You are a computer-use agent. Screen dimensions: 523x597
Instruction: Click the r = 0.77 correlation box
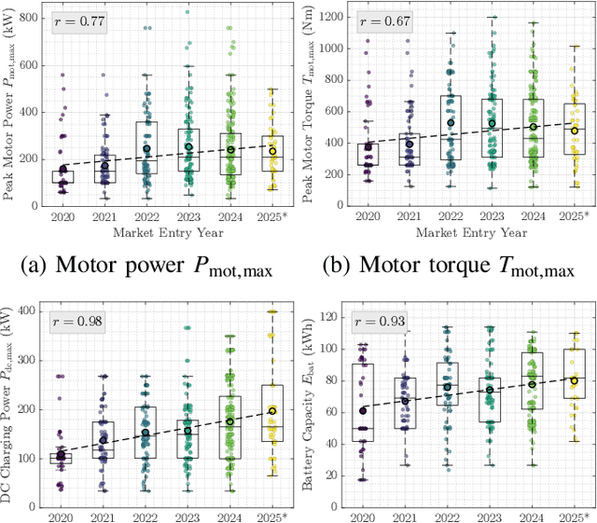pos(78,21)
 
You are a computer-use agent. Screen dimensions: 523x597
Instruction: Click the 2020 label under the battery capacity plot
pos(364,515)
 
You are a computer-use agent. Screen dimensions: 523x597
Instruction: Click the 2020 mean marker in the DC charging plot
pos(62,456)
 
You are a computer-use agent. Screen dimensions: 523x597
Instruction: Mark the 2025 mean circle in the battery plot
pos(575,380)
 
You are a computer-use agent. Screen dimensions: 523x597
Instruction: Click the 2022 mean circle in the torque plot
pos(450,123)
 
